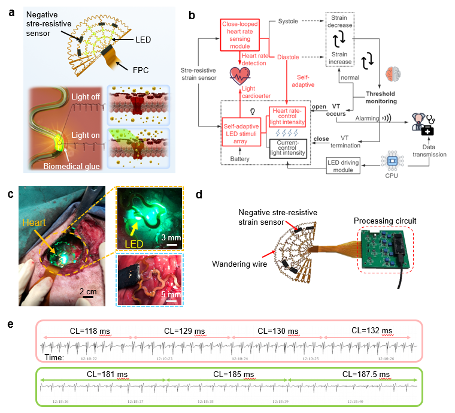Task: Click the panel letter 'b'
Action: pos(192,16)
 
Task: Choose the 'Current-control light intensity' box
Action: pos(288,147)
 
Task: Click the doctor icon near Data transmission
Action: pos(419,123)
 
